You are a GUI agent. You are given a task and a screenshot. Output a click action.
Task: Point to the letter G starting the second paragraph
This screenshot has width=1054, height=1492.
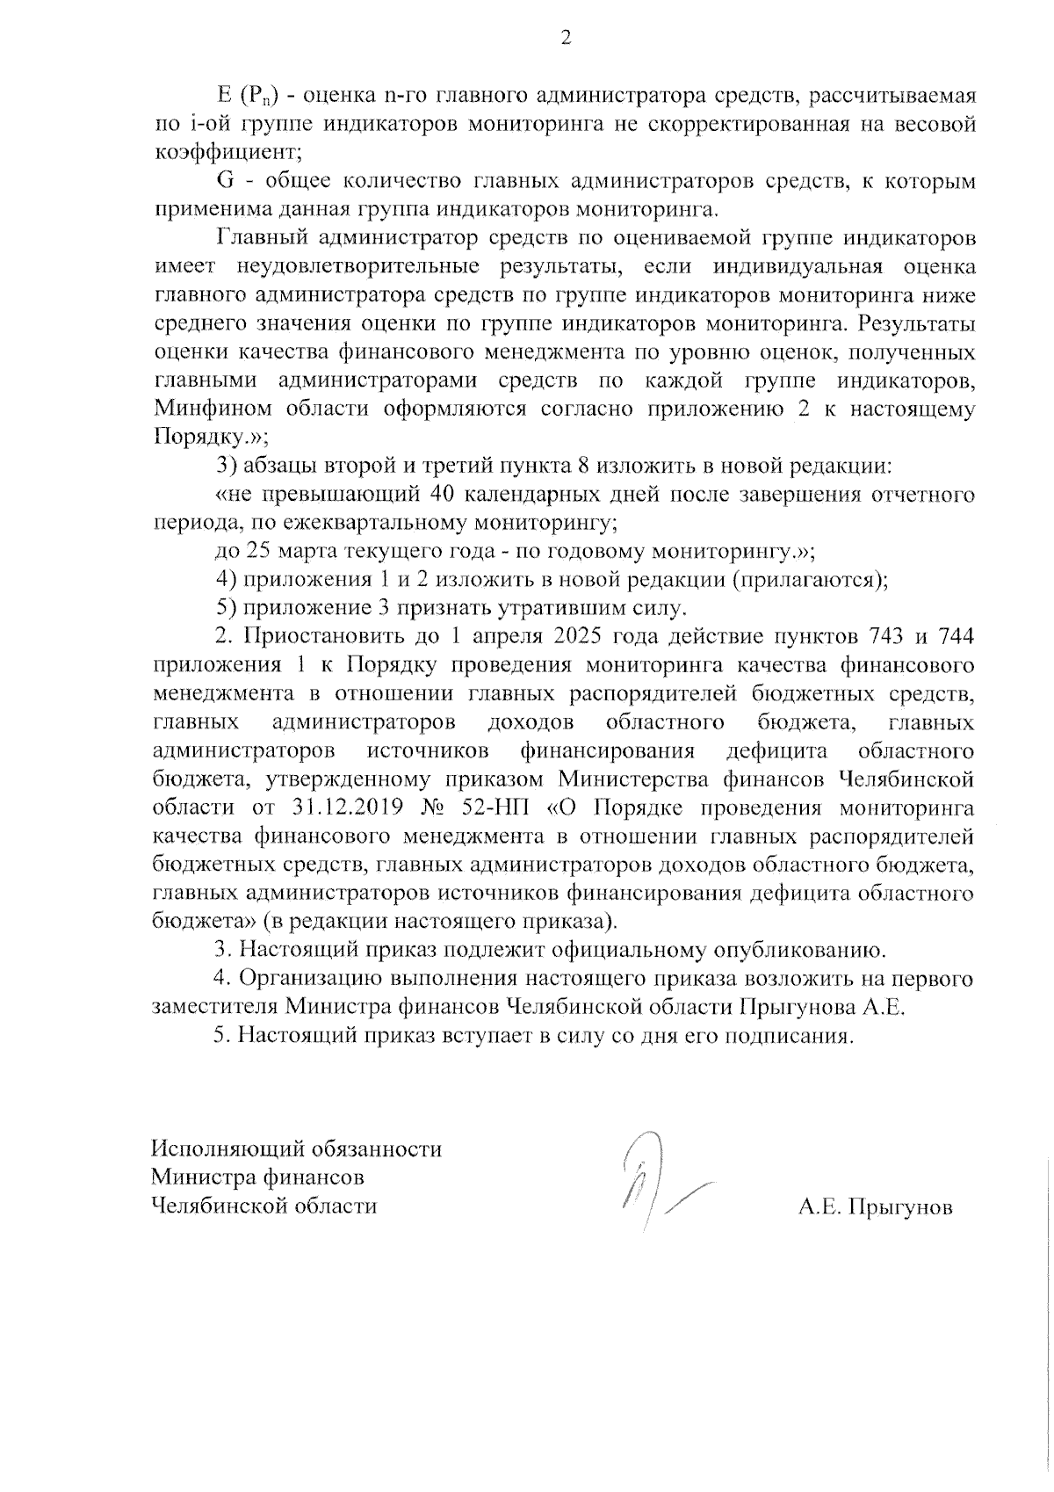(224, 181)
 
